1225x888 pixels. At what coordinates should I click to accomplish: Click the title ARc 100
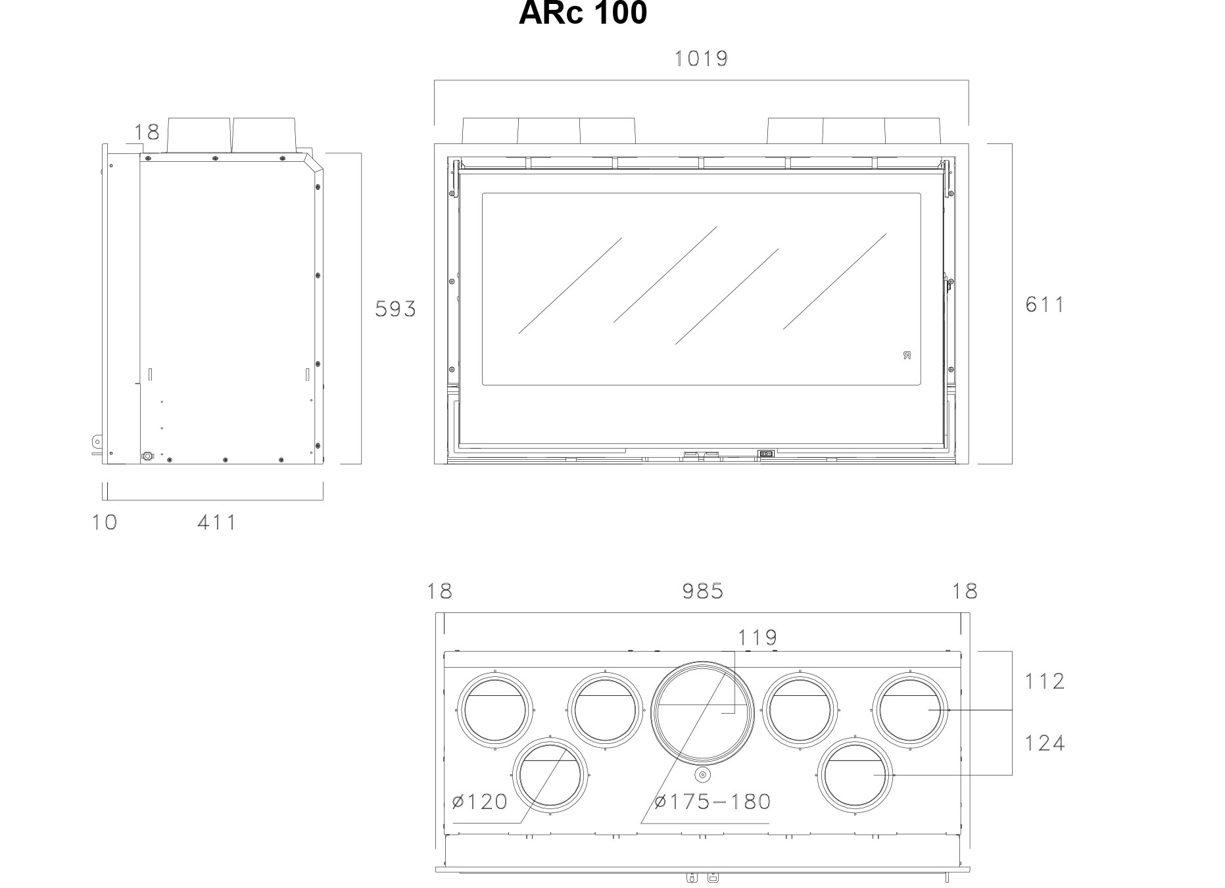[x=583, y=13]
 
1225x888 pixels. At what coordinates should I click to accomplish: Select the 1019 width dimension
[x=702, y=59]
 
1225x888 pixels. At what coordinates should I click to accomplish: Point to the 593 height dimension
[x=396, y=309]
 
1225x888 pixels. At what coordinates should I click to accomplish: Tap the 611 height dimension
[x=1045, y=305]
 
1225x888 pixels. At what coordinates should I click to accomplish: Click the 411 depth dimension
[x=217, y=523]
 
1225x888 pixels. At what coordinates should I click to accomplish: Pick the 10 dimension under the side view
[x=105, y=522]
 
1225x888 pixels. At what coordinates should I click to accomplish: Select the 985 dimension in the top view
[x=703, y=591]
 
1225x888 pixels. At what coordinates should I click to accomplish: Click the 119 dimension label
[x=757, y=637]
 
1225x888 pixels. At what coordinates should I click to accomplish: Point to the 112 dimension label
[x=1045, y=681]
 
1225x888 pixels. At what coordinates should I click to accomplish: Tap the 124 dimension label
[x=1045, y=743]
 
